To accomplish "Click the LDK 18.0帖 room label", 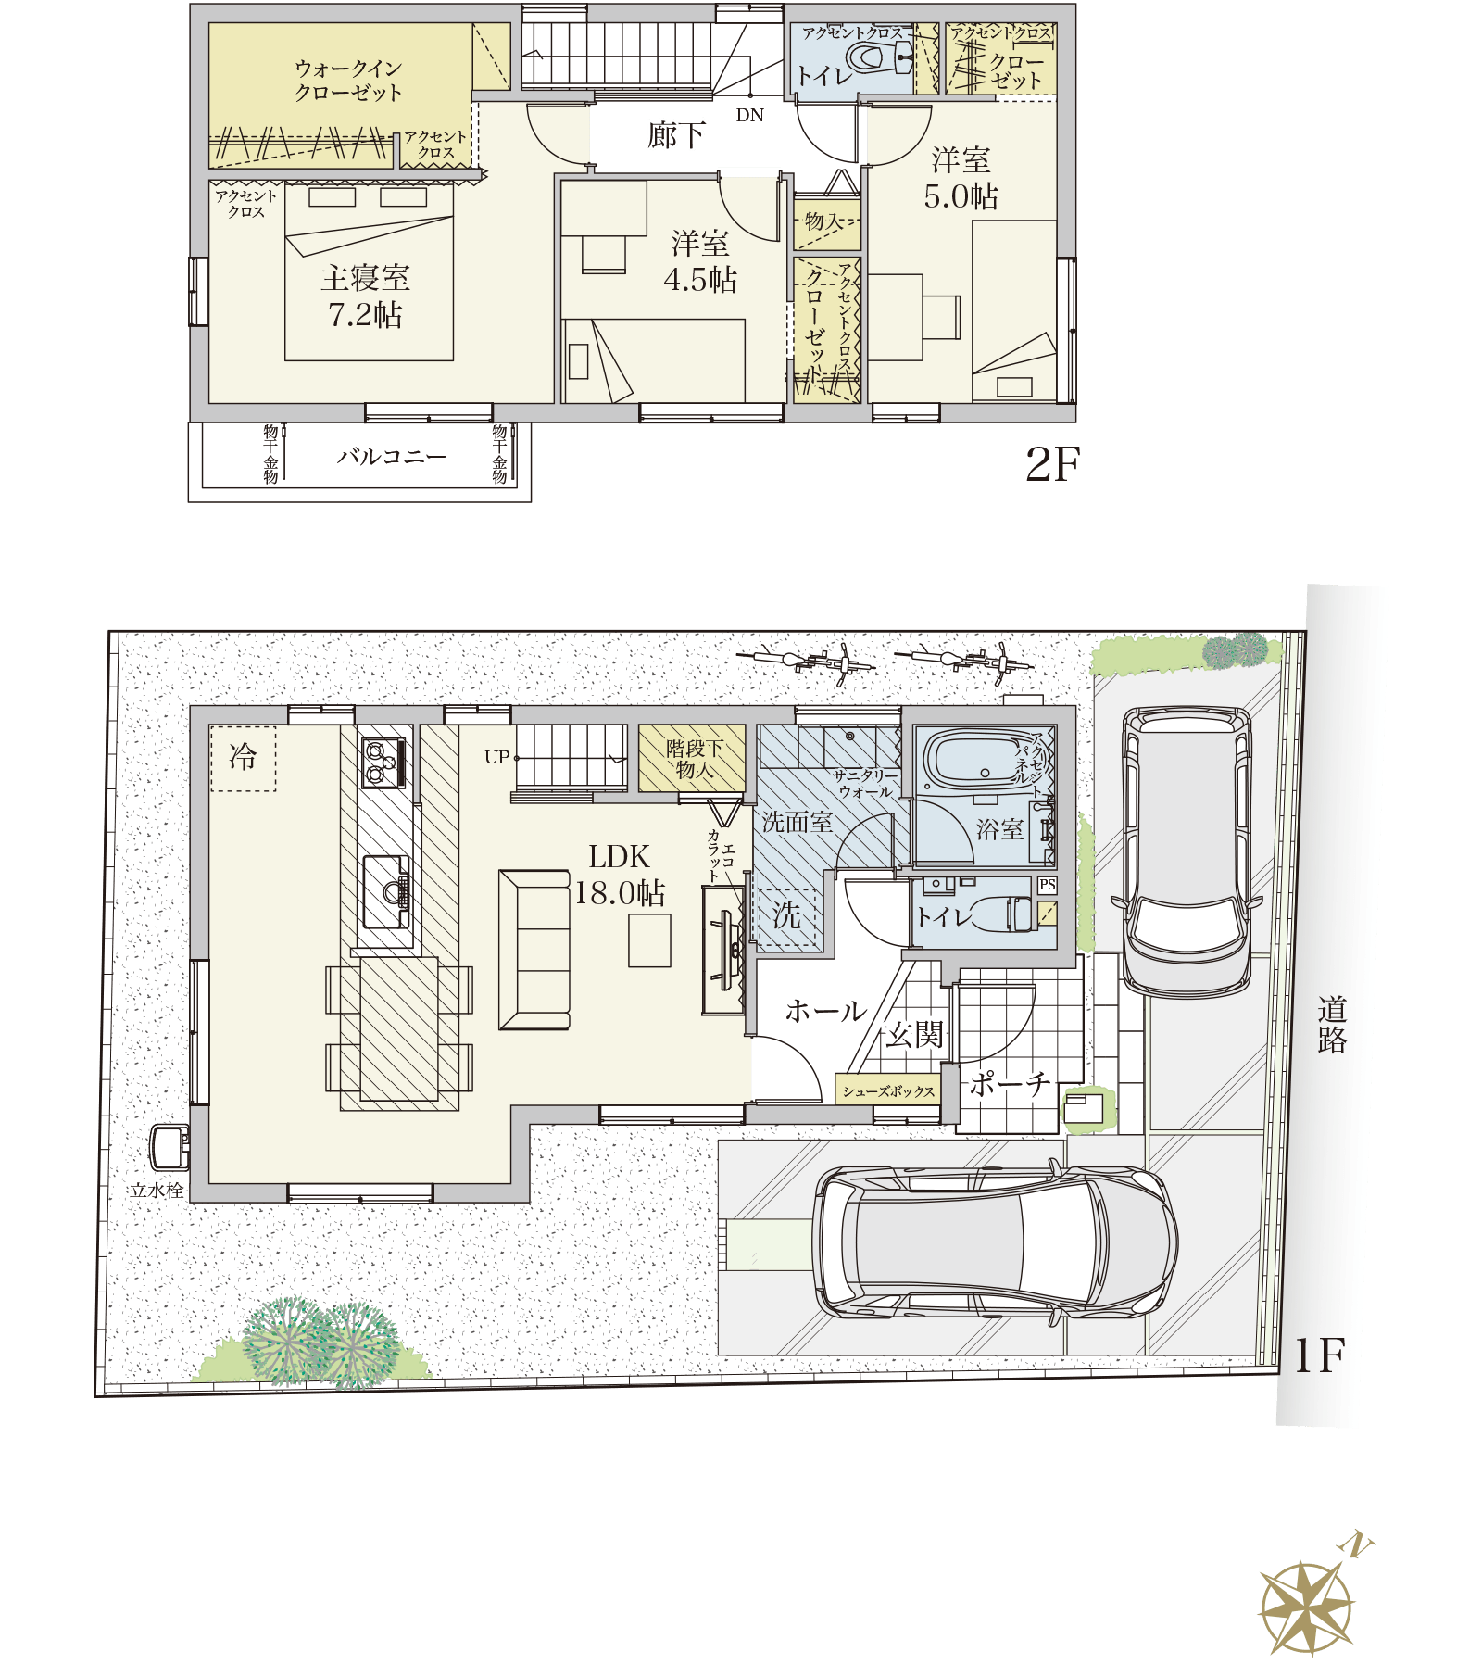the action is coord(620,875).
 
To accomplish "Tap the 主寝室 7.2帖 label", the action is coord(366,296).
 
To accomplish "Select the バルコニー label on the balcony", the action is coord(392,457).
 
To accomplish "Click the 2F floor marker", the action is coord(1053,464).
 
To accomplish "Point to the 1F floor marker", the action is coord(1319,1355).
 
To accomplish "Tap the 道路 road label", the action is coord(1332,1025).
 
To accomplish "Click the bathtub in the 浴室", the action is coord(979,761).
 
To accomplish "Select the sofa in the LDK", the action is coord(534,950).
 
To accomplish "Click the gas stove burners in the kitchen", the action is coord(383,763).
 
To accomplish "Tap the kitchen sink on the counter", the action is coord(386,891).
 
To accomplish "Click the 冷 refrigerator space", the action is coord(243,758).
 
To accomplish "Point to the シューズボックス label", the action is coord(888,1091).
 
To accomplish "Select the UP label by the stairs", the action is coord(497,757).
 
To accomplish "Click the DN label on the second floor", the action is coord(750,116).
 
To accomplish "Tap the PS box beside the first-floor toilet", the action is coord(1047,885).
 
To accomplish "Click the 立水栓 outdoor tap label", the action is coord(157,1191).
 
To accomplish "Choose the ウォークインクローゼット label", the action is coord(348,81).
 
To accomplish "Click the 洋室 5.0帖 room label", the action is coord(961,178).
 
